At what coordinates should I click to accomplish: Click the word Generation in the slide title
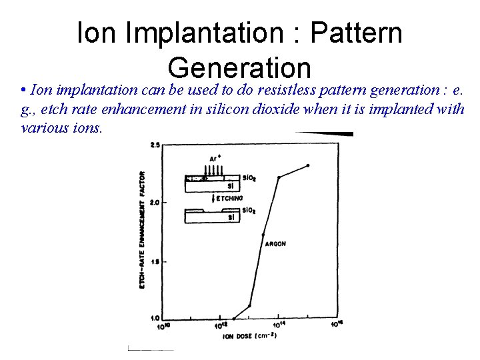coord(239,67)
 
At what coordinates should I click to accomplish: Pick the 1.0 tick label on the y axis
coord(154,317)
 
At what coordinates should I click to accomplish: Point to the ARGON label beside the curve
coord(275,244)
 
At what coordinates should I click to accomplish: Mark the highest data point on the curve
coord(308,165)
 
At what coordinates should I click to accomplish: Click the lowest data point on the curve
coord(234,319)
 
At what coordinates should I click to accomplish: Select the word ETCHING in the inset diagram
coord(229,198)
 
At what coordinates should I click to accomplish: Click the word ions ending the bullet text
coord(88,127)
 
